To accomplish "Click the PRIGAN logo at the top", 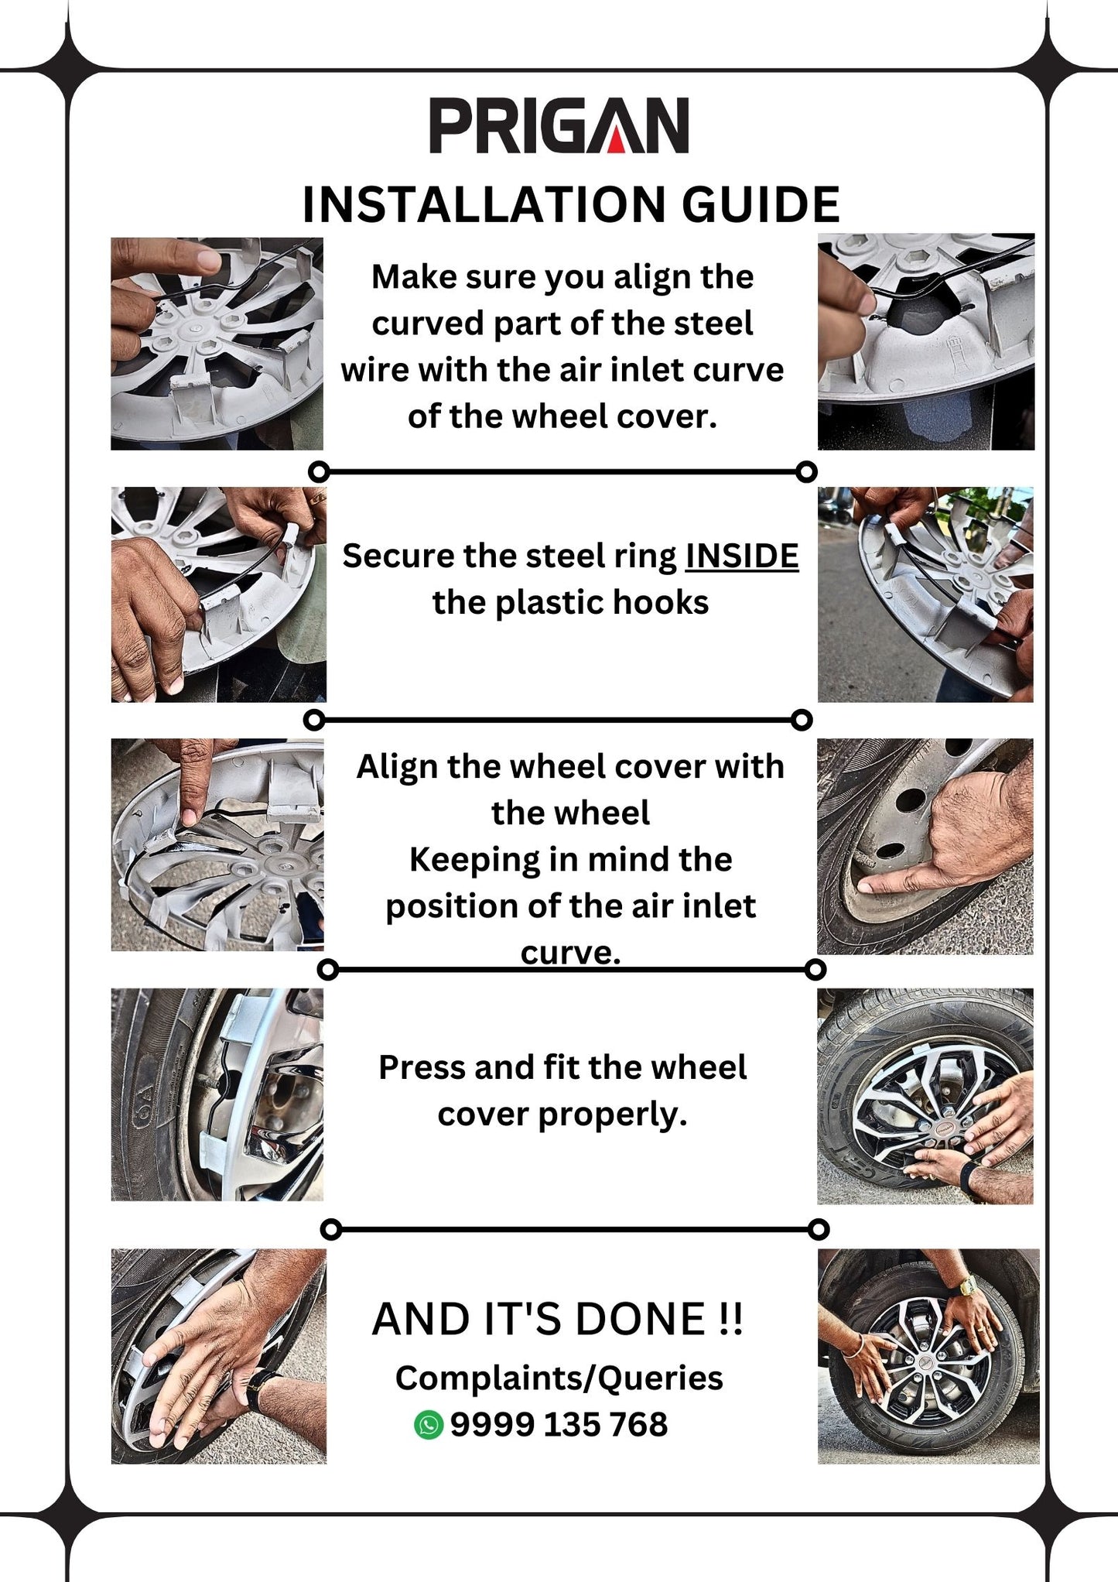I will (x=559, y=125).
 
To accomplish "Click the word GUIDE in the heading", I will (x=760, y=205).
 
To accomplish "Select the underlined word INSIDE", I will (x=741, y=556).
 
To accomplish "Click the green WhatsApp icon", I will (x=428, y=1425).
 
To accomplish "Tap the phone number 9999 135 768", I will (x=559, y=1425).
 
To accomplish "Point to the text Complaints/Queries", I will (x=559, y=1378).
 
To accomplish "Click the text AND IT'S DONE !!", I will (x=557, y=1320).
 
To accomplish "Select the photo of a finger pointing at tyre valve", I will (x=925, y=846).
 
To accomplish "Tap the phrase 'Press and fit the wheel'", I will (x=562, y=1068).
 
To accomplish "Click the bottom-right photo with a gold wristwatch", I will (x=928, y=1356).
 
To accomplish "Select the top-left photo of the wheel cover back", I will (x=217, y=344).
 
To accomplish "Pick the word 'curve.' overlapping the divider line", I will (x=570, y=953).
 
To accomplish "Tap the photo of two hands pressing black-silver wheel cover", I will (x=925, y=1096).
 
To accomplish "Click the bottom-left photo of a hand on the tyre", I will (x=218, y=1356).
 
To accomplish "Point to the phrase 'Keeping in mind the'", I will (x=570, y=860).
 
